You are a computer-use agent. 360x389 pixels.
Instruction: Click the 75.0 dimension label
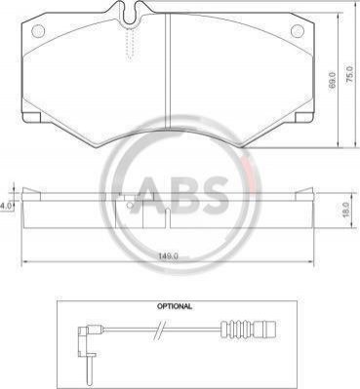(x=348, y=75)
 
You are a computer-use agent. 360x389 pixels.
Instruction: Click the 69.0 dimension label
(x=332, y=80)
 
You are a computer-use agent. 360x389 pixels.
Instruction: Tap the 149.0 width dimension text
(x=168, y=255)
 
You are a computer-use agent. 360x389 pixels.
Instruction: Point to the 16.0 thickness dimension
(x=345, y=210)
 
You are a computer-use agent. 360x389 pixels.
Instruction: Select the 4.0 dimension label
(x=6, y=206)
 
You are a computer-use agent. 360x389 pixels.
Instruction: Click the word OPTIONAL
(x=175, y=306)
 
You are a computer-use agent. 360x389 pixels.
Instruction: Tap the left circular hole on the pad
(x=38, y=31)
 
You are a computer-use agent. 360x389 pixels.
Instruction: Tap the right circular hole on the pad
(x=297, y=31)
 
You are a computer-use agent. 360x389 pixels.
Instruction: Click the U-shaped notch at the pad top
(x=130, y=13)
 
